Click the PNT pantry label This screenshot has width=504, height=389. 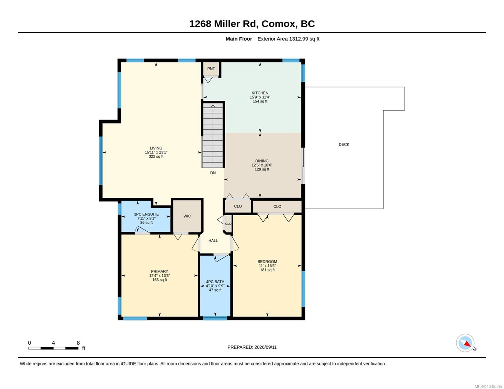point(211,69)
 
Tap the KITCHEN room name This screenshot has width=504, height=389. point(260,93)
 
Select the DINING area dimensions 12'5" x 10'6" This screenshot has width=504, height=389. point(262,165)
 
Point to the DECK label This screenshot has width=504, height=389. point(344,144)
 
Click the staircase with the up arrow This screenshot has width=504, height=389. point(213,135)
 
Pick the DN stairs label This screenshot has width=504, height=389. point(213,173)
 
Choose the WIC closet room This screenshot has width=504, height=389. point(187,216)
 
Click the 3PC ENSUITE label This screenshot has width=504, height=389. point(146,214)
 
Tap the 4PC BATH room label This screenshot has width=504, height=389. point(215,282)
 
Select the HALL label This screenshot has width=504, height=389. point(213,241)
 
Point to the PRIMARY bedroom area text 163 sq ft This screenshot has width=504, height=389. point(159,280)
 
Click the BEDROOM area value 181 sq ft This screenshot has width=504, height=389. point(267,270)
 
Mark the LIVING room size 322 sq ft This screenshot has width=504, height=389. point(156,156)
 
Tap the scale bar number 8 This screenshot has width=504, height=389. point(78,343)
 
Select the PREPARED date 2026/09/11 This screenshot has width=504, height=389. point(265,347)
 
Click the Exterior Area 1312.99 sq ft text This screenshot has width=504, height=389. point(288,39)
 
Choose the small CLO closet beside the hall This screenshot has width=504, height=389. point(228,224)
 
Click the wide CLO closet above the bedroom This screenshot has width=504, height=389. point(277,206)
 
